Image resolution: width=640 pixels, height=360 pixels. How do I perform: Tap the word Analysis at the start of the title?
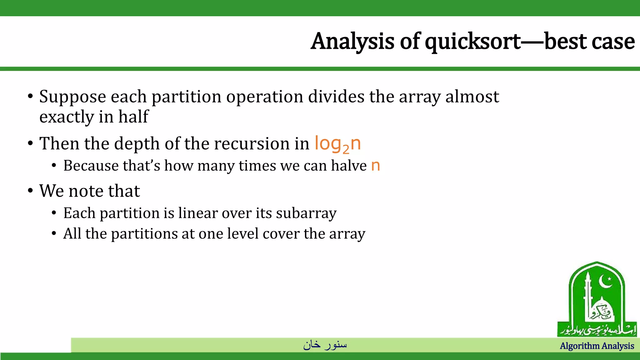tap(352, 42)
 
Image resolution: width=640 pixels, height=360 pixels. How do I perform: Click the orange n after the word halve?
tap(375, 166)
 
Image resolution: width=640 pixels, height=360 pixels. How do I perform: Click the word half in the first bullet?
tap(133, 117)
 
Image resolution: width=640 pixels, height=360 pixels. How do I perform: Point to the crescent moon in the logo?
tap(606, 282)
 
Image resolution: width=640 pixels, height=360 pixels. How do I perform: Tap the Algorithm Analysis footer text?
tap(597, 346)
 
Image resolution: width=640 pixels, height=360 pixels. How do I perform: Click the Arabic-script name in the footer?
tap(325, 345)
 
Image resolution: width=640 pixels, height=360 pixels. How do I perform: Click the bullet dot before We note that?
tap(30, 191)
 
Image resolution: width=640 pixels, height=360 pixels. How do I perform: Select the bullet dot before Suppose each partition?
tap(30, 96)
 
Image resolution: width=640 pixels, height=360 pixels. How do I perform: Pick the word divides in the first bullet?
tap(336, 97)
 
